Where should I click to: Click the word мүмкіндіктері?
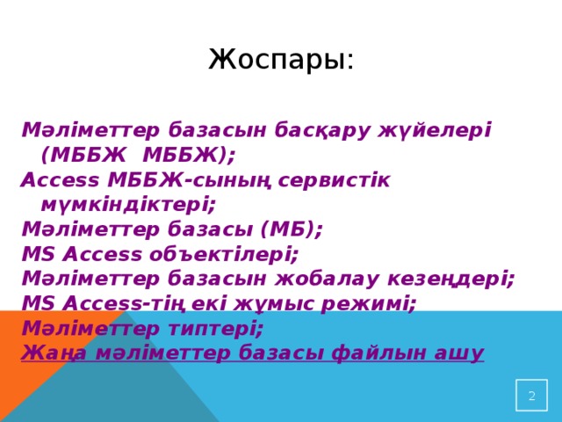click(127, 205)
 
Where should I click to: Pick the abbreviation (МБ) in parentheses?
click(291, 229)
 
